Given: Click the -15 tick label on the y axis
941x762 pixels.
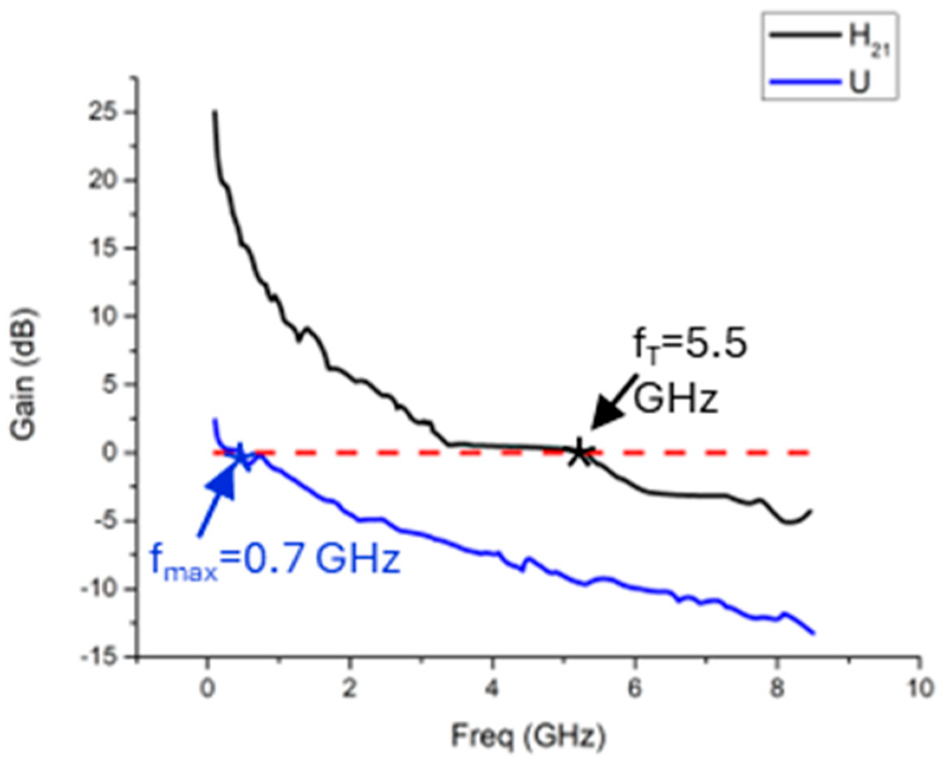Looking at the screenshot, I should (x=97, y=657).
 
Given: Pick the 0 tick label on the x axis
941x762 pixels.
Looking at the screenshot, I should (x=207, y=689).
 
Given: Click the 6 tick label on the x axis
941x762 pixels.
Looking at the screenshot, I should (x=634, y=689).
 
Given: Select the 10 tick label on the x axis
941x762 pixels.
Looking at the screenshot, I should (x=919, y=689).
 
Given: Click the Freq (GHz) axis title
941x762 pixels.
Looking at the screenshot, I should (x=528, y=737).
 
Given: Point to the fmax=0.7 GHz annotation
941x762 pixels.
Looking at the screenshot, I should (x=275, y=559).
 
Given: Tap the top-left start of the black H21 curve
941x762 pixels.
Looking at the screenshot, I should (x=215, y=112).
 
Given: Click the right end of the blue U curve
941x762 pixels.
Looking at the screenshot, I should (x=814, y=633).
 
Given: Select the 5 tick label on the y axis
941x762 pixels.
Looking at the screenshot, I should (x=108, y=385).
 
